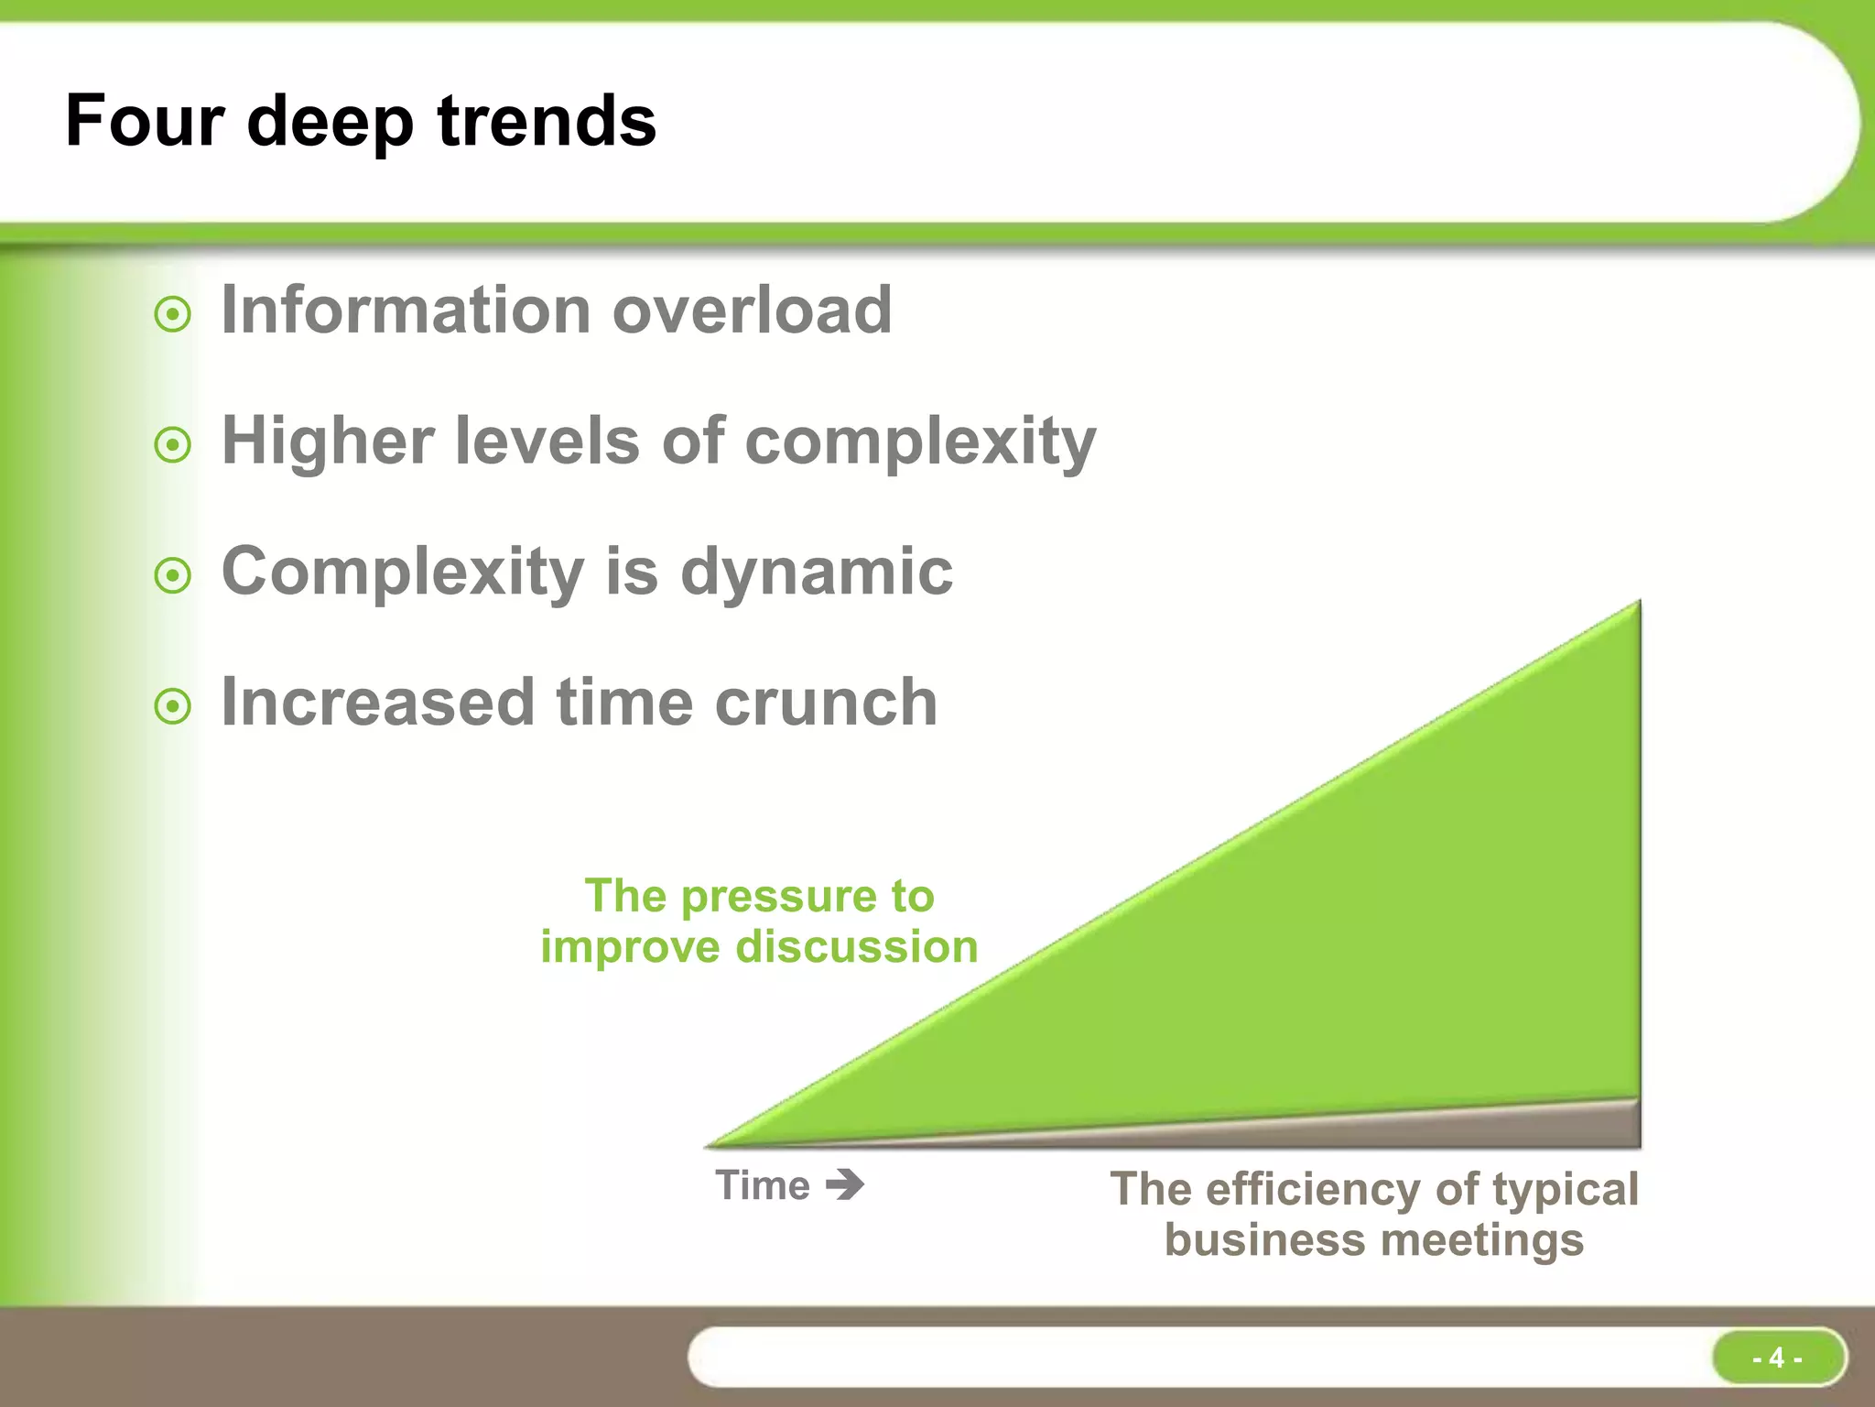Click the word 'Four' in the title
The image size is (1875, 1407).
[x=145, y=121]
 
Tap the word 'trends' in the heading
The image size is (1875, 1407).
[x=547, y=121]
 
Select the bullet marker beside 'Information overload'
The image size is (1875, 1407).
[x=173, y=315]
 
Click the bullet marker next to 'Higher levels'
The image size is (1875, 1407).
[x=173, y=446]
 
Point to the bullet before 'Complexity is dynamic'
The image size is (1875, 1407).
[x=173, y=576]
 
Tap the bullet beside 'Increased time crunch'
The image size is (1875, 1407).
[x=173, y=706]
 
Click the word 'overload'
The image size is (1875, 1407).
[x=752, y=310]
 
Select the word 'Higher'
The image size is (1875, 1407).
[x=328, y=442]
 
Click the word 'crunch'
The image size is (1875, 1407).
[x=826, y=703]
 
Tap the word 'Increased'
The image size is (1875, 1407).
[x=378, y=703]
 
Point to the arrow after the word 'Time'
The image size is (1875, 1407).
[x=845, y=1184]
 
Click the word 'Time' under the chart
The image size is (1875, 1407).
[x=763, y=1185]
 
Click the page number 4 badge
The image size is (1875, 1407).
[x=1777, y=1357]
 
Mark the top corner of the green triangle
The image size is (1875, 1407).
[x=1636, y=605]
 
